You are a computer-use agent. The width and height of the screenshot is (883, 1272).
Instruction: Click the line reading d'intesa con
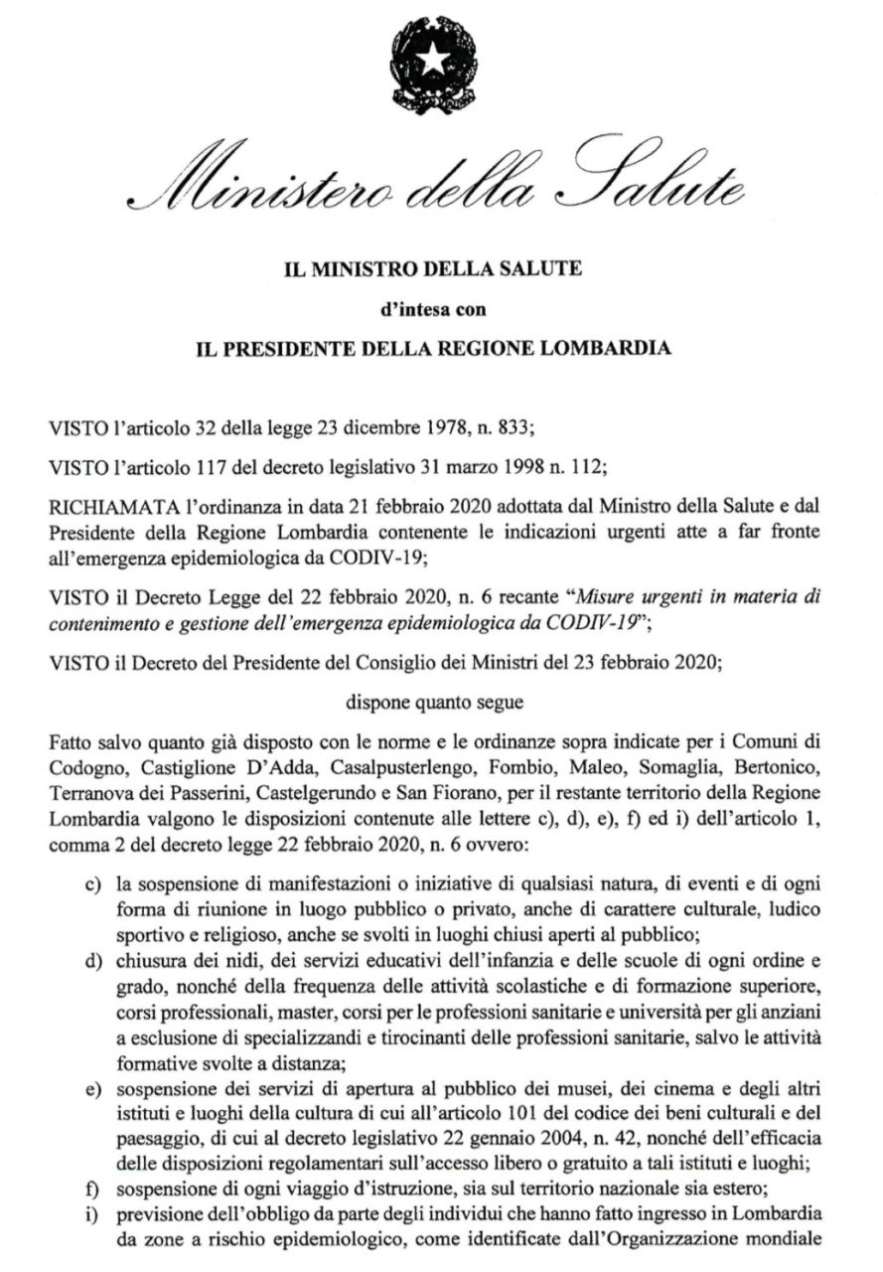[441, 309]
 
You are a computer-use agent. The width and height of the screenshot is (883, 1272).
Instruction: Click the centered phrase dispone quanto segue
[441, 698]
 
